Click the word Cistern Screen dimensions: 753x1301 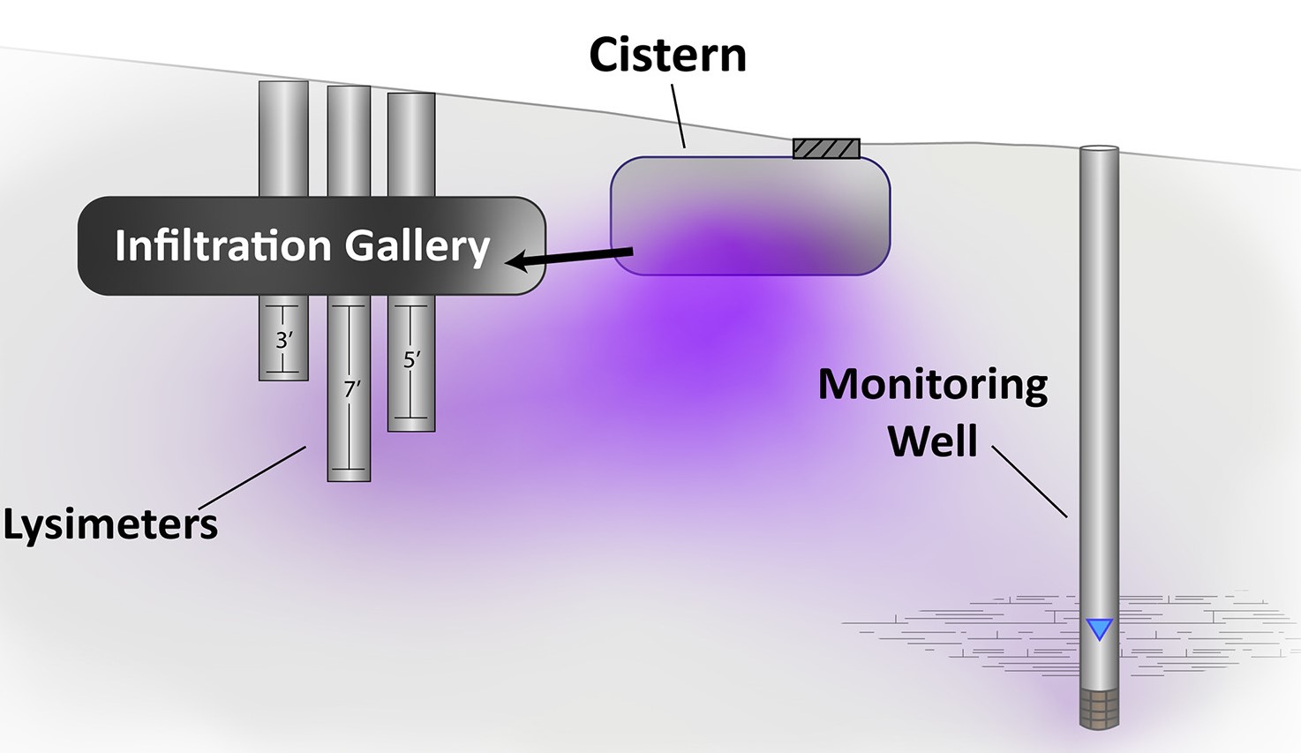tap(667, 55)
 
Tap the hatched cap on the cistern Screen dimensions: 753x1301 tap(826, 148)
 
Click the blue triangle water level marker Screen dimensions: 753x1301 tap(1099, 629)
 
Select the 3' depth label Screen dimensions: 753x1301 tap(283, 340)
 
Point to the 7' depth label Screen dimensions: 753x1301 tap(351, 388)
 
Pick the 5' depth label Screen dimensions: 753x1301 tap(411, 360)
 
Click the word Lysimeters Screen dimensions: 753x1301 tap(110, 524)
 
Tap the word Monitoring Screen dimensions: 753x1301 tap(933, 385)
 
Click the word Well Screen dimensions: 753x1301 tap(933, 441)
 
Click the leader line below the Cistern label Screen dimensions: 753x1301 tap(677, 115)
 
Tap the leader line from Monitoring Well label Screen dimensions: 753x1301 tap(1029, 481)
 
